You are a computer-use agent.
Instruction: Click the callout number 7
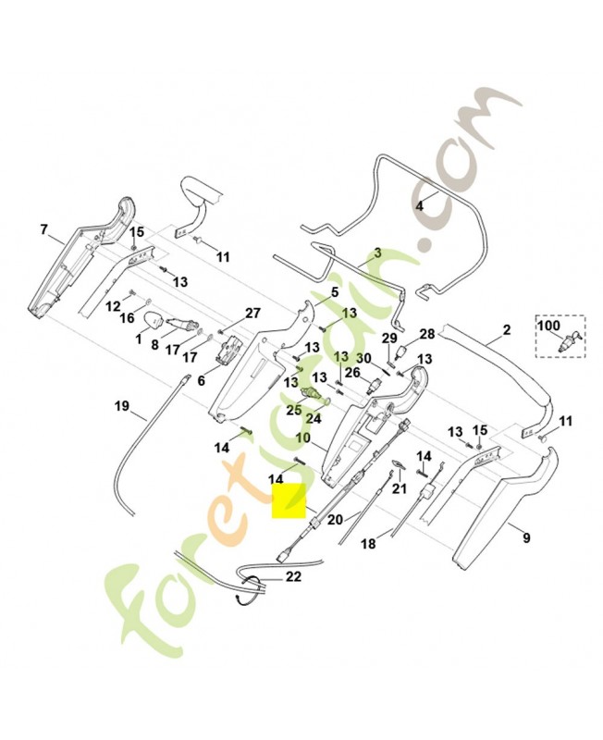click(x=43, y=229)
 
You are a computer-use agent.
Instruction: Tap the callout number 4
click(x=419, y=205)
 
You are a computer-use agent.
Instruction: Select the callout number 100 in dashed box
click(x=548, y=326)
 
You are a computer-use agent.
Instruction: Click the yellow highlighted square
click(x=289, y=500)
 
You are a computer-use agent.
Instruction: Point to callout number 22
click(x=293, y=576)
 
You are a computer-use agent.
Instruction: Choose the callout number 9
click(x=526, y=537)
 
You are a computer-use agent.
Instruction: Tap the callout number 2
click(x=506, y=329)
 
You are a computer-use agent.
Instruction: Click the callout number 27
click(x=252, y=313)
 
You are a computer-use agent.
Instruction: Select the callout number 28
click(x=427, y=334)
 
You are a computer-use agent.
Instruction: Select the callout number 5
click(x=335, y=292)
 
